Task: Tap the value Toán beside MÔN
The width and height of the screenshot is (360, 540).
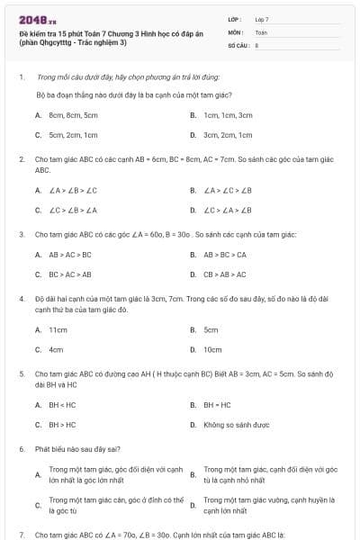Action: click(261, 31)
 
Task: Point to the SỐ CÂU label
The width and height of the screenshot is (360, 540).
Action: click(237, 43)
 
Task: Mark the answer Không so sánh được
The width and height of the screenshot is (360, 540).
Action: click(237, 424)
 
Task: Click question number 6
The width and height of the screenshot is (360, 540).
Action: click(22, 447)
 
